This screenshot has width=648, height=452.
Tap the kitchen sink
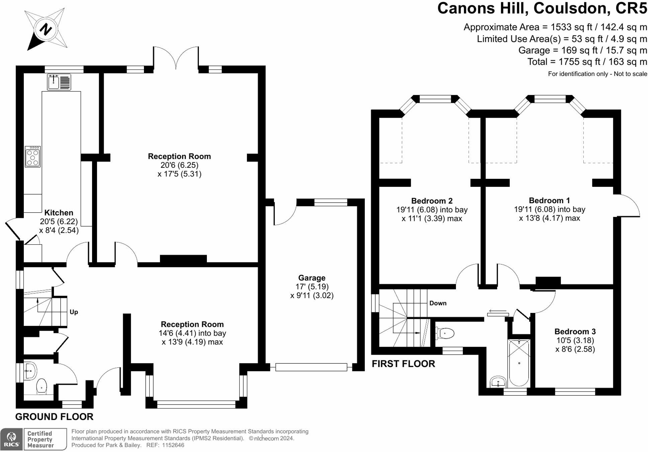click(59, 82)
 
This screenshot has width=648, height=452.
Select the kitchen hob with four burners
click(33, 156)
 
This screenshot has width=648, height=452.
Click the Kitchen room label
click(59, 213)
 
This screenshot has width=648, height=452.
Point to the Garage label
click(312, 278)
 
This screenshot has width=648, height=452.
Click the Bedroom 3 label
click(575, 332)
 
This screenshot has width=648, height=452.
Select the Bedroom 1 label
click(549, 201)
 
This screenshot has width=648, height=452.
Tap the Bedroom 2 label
click(432, 201)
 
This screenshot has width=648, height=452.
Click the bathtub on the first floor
click(519, 363)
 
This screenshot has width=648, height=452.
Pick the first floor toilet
click(445, 333)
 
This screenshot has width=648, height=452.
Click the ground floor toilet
click(42, 386)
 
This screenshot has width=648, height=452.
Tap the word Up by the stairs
click(74, 312)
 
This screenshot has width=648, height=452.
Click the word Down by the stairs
click(438, 303)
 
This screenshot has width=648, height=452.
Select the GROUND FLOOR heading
click(54, 417)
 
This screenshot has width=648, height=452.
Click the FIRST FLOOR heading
click(403, 364)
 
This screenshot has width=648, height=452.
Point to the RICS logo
click(12, 439)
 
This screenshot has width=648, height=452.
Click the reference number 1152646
click(173, 445)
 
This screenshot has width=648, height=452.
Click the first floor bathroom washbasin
click(498, 382)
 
